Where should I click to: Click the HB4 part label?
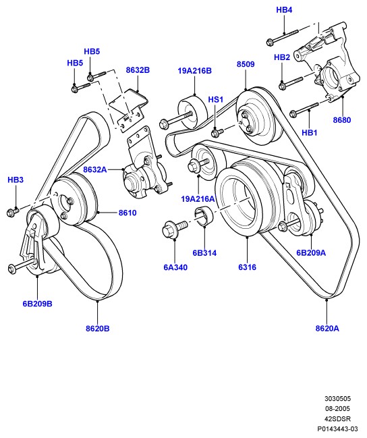pos(284,10)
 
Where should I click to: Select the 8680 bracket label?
pos(342,120)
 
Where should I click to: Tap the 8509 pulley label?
pos(246,64)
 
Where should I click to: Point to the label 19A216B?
pos(195,71)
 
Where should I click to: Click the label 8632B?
pos(138,70)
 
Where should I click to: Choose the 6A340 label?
pos(175,268)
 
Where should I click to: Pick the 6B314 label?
pos(204,253)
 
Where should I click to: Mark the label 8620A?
pos(327,329)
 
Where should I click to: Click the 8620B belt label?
pos(98,329)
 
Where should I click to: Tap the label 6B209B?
pos(37,304)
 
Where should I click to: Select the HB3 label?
pos(16,180)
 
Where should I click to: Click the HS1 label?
pos(216,100)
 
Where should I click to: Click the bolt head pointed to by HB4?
pos(270,42)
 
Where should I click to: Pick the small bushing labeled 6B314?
pos(204,216)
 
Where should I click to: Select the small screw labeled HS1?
pos(217,132)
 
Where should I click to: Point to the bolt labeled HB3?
pos(12,212)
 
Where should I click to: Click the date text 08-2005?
pos(337,409)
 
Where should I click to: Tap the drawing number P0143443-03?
pos(337,429)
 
